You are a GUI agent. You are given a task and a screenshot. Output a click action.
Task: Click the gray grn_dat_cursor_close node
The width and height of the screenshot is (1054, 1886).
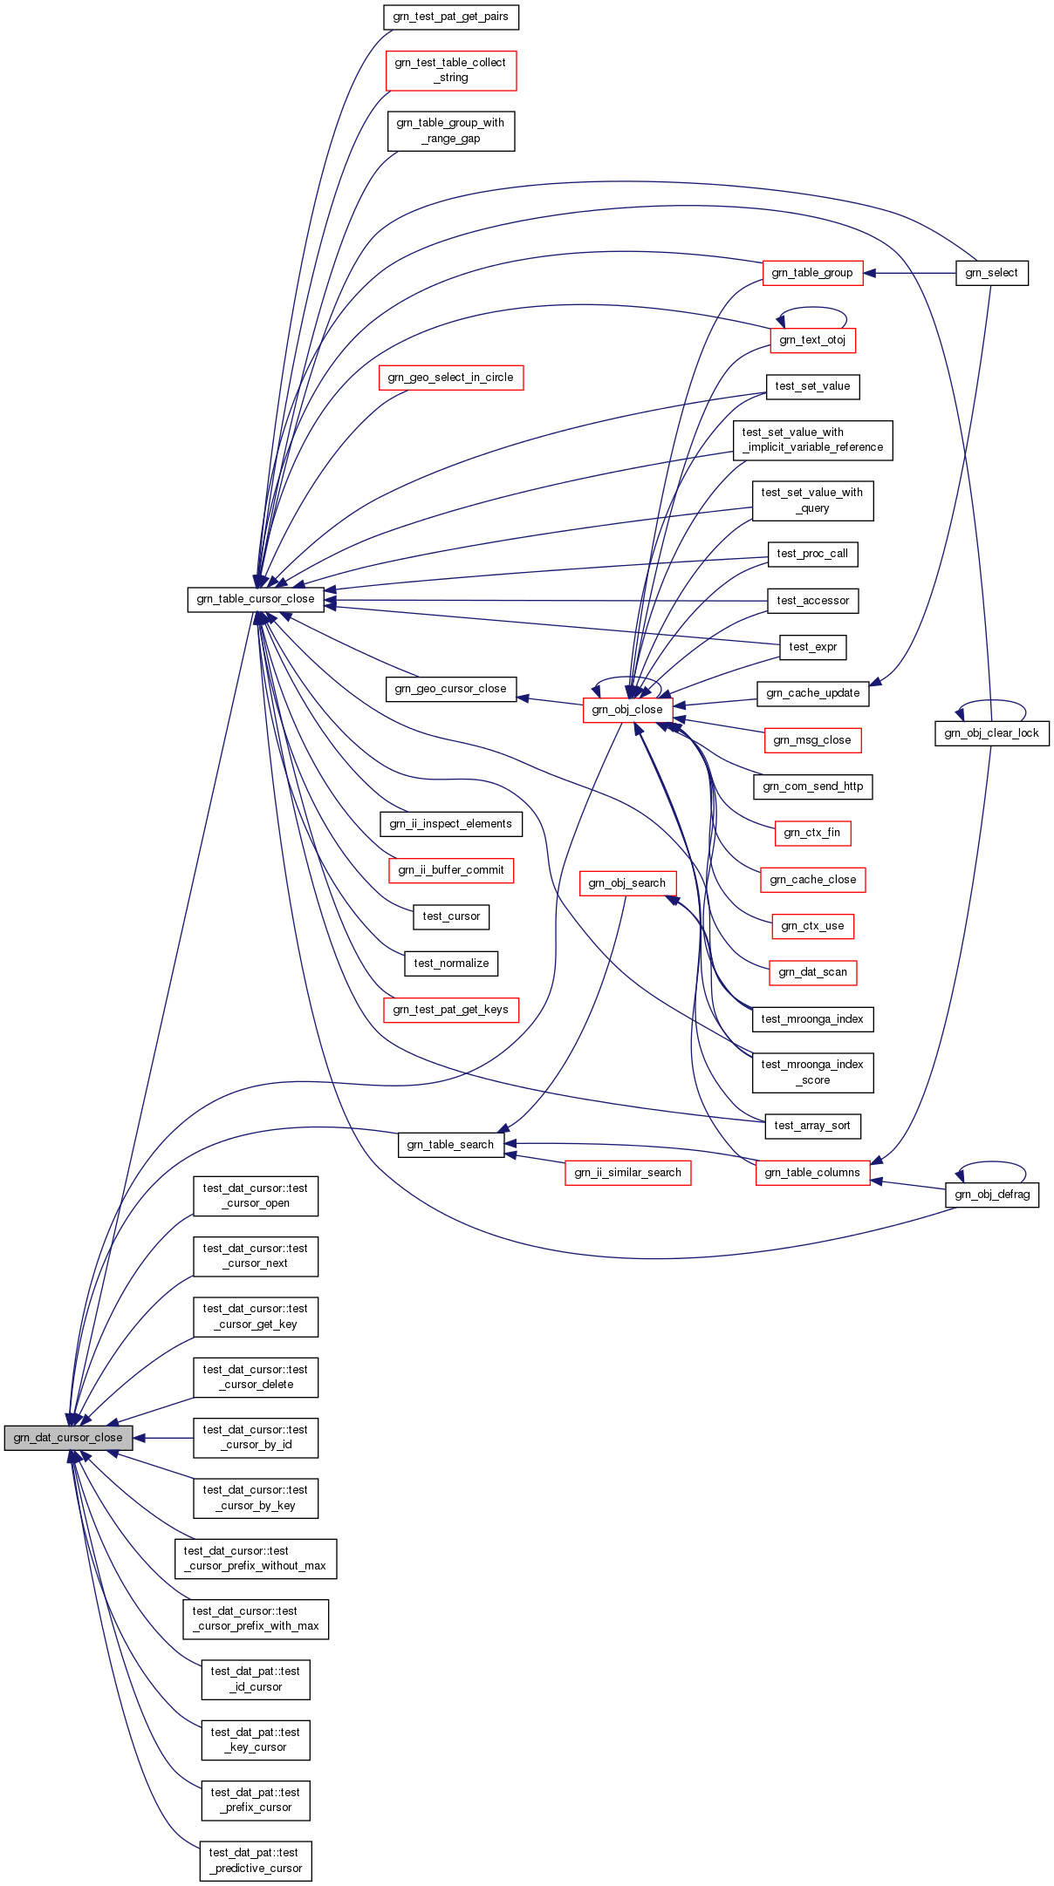68,1438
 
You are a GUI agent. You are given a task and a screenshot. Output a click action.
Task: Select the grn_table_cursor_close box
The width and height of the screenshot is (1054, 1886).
256,599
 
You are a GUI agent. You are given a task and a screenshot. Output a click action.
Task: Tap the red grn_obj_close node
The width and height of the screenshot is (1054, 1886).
627,710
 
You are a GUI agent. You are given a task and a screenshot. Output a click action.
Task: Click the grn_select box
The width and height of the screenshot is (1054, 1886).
992,273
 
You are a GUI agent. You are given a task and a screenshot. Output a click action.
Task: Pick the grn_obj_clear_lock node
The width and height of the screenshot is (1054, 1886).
992,733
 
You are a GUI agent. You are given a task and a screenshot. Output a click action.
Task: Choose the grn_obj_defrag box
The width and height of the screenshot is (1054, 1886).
992,1195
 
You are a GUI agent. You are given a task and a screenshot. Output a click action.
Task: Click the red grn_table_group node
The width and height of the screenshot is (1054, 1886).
812,273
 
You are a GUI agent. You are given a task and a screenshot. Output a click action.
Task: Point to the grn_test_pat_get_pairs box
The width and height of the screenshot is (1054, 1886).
451,17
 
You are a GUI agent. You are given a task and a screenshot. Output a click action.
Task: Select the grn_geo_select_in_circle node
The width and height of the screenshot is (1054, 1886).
451,378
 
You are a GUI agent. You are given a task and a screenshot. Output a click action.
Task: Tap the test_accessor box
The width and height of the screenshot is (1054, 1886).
813,601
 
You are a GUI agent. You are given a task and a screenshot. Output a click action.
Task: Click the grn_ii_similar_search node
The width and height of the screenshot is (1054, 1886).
628,1173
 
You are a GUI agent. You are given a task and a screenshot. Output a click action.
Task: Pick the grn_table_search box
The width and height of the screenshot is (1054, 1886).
451,1145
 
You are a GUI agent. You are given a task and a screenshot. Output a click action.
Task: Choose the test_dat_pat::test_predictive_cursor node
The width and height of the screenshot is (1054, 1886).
256,1861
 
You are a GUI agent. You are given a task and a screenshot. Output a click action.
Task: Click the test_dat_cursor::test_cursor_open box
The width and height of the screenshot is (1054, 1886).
256,1195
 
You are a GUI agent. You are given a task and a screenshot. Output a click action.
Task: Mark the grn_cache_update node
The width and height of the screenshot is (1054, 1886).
813,693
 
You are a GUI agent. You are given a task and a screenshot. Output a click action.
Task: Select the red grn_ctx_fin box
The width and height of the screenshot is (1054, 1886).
812,833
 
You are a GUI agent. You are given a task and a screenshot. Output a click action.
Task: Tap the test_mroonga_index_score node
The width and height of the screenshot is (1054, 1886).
812,1072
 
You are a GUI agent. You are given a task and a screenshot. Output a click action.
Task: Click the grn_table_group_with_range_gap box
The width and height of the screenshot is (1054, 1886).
451,131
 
